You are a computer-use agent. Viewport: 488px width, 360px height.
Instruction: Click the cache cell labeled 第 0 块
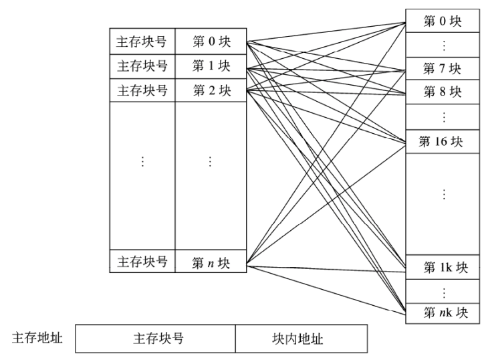211,41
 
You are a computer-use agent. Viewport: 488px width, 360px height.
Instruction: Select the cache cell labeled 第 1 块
211,66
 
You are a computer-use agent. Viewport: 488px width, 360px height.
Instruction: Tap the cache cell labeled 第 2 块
211,90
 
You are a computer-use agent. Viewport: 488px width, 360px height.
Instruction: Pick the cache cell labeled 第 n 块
211,261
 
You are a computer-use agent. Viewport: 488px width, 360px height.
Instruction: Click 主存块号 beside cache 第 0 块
142,41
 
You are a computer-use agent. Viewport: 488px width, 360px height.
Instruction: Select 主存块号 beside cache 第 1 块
142,66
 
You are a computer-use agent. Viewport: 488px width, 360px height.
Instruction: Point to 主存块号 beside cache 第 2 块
142,90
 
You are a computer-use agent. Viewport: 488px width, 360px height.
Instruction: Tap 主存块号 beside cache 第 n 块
142,261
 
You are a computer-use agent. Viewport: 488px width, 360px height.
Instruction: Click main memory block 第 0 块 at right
443,21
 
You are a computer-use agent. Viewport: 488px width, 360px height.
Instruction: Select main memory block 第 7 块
443,68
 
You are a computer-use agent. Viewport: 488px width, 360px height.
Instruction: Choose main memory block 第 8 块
443,92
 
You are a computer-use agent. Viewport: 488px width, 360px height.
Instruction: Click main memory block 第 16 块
443,142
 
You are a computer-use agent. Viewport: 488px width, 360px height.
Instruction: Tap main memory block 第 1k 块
443,267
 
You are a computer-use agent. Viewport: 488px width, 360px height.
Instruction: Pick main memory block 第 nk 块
443,313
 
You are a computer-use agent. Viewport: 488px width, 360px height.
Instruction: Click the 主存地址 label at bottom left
37,338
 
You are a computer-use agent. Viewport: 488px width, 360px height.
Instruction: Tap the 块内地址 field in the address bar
301,339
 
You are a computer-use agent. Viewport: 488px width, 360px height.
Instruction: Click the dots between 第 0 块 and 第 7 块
444,45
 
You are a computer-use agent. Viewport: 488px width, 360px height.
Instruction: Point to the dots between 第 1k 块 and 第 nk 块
444,292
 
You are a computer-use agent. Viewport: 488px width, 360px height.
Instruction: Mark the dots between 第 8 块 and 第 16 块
444,117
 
